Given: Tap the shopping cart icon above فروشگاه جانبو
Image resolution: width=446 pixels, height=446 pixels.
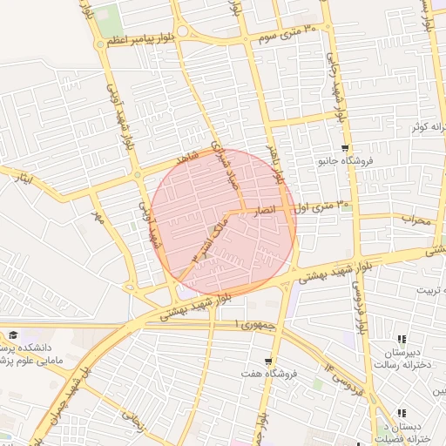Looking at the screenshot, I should (x=346, y=147).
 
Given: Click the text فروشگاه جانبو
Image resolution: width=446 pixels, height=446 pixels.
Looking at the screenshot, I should (x=347, y=161).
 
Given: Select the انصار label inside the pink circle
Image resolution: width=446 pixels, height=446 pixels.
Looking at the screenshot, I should (x=262, y=211).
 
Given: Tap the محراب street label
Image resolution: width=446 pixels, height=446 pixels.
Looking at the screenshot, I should (x=416, y=221).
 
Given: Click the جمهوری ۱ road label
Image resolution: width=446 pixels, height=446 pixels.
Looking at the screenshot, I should (x=254, y=324).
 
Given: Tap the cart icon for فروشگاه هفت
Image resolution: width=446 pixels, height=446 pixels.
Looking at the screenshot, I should (x=269, y=360).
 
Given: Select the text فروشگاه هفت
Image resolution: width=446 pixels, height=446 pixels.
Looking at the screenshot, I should (x=271, y=374).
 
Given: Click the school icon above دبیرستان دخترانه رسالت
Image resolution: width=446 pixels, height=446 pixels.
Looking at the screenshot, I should (x=401, y=339).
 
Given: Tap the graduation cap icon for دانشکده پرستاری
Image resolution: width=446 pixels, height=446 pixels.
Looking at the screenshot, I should (x=14, y=334).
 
